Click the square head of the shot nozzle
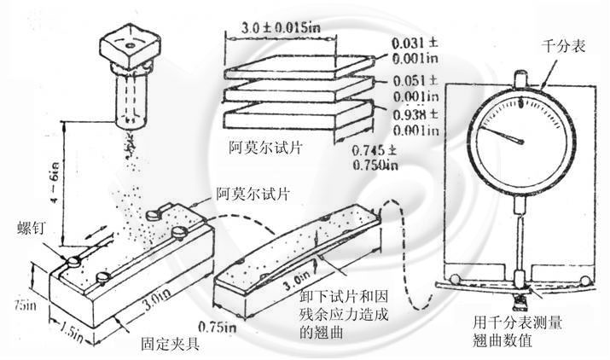click(x=127, y=41)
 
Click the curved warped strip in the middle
click(x=290, y=247)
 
